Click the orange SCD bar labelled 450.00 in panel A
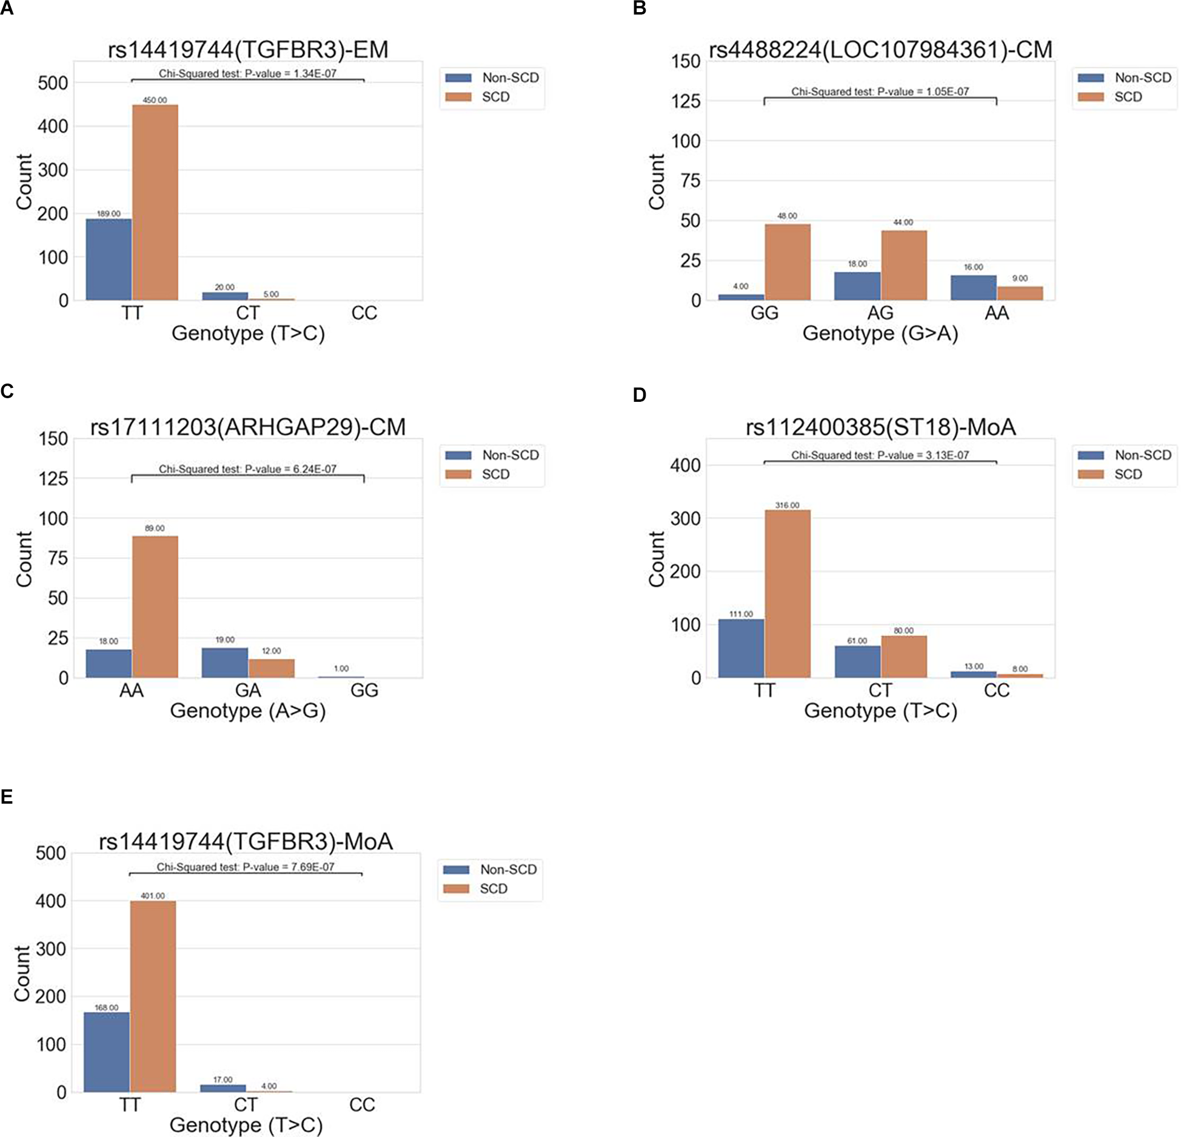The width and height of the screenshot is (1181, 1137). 155,202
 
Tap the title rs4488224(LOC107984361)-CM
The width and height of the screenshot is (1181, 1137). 880,50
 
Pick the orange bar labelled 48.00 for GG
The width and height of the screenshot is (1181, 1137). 788,262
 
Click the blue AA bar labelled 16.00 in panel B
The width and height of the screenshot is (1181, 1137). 974,288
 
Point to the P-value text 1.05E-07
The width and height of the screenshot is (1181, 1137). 948,92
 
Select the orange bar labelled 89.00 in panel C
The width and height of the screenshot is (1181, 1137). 155,607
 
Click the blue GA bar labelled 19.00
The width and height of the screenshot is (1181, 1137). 225,662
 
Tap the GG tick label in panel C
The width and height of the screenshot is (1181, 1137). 364,690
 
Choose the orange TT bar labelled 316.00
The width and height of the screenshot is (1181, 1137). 788,593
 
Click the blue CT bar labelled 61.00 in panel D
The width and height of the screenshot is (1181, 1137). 857,661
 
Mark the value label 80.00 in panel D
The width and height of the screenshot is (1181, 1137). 903,630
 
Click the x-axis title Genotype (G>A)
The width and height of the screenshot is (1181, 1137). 880,333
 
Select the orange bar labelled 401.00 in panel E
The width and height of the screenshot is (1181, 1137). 153,996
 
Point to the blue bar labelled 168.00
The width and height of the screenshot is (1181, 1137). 107,1052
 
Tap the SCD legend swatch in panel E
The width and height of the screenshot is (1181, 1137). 457,889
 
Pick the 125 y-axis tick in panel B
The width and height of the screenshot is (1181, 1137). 686,101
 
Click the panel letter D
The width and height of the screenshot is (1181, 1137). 640,395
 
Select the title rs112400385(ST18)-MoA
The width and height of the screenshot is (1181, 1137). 880,427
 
